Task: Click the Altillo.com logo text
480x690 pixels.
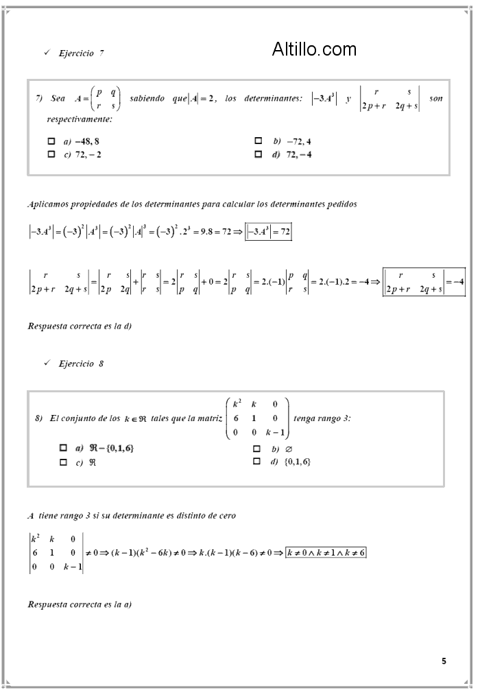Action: click(314, 49)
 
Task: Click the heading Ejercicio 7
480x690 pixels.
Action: click(82, 53)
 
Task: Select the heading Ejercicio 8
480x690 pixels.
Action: click(81, 364)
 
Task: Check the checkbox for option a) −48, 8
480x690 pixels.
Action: click(51, 141)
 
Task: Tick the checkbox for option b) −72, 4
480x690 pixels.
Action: click(259, 141)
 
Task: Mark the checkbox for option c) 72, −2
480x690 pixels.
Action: click(51, 154)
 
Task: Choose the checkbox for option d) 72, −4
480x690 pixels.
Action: click(259, 154)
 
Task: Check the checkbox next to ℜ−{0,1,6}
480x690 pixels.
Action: click(63, 448)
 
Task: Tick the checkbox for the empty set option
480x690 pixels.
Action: click(256, 448)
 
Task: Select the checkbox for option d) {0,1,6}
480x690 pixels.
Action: click(256, 462)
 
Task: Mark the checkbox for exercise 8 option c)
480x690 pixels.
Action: click(63, 462)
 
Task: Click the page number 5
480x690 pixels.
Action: click(444, 661)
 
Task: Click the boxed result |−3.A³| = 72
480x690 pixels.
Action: click(269, 233)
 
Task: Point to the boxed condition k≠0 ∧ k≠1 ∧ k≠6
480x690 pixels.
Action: click(326, 552)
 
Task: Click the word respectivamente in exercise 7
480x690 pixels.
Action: click(80, 119)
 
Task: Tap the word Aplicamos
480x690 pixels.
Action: click(47, 204)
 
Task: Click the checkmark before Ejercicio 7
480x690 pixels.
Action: click(46, 53)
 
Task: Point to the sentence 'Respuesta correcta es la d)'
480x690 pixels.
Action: click(80, 326)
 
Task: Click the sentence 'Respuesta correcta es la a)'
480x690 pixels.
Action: click(80, 604)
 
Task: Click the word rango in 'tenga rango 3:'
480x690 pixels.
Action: click(331, 418)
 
